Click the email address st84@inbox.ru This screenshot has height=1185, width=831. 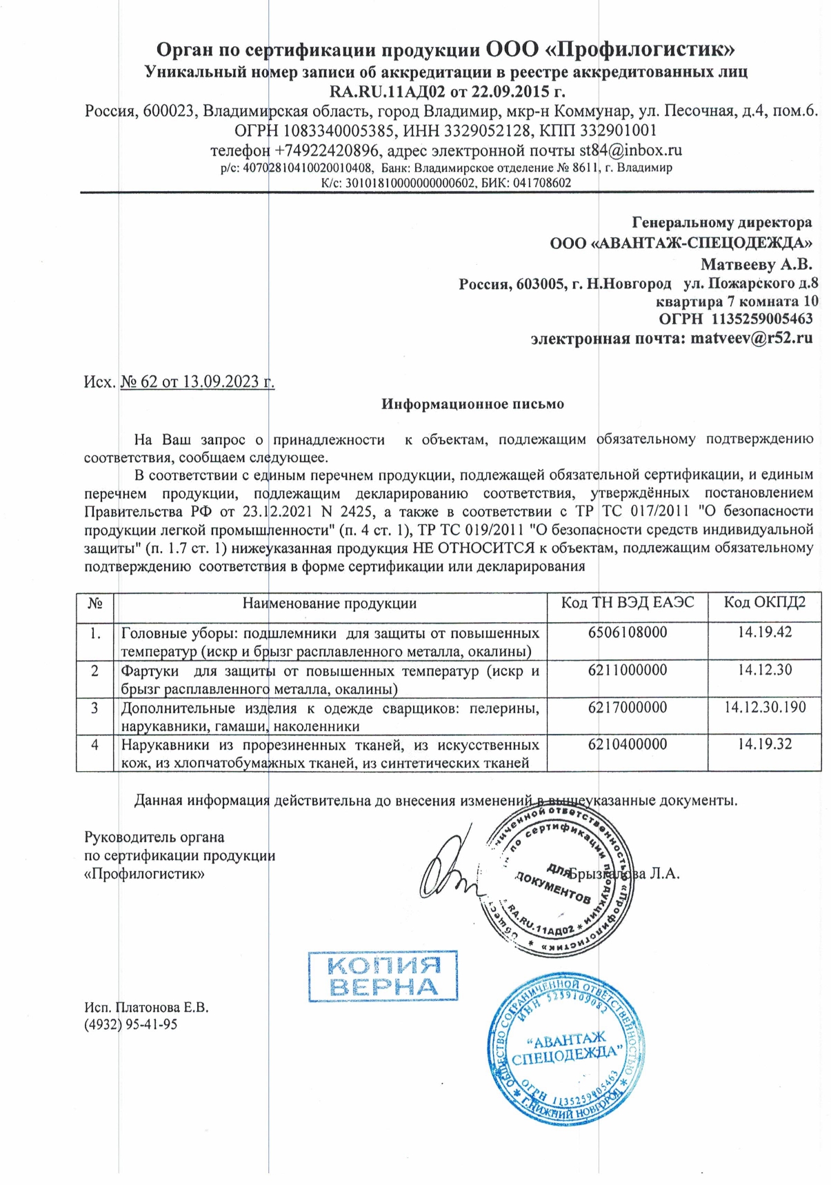click(630, 150)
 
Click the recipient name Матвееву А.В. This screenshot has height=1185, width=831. click(756, 264)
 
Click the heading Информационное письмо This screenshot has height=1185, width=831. click(472, 404)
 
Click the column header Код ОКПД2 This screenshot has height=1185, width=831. click(763, 602)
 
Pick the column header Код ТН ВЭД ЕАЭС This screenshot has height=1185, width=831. click(627, 602)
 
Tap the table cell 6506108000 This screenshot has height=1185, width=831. click(627, 633)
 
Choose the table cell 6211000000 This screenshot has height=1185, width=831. click(627, 670)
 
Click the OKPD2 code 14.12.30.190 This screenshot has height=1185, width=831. click(764, 707)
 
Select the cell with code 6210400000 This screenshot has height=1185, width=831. click(627, 744)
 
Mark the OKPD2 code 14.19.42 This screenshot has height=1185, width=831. click(764, 633)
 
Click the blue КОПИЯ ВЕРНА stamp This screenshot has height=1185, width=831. click(383, 975)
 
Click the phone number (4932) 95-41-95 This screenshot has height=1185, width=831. click(130, 1024)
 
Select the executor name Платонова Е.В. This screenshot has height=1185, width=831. click(161, 1007)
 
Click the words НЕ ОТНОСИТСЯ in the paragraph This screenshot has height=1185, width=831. click(473, 548)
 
